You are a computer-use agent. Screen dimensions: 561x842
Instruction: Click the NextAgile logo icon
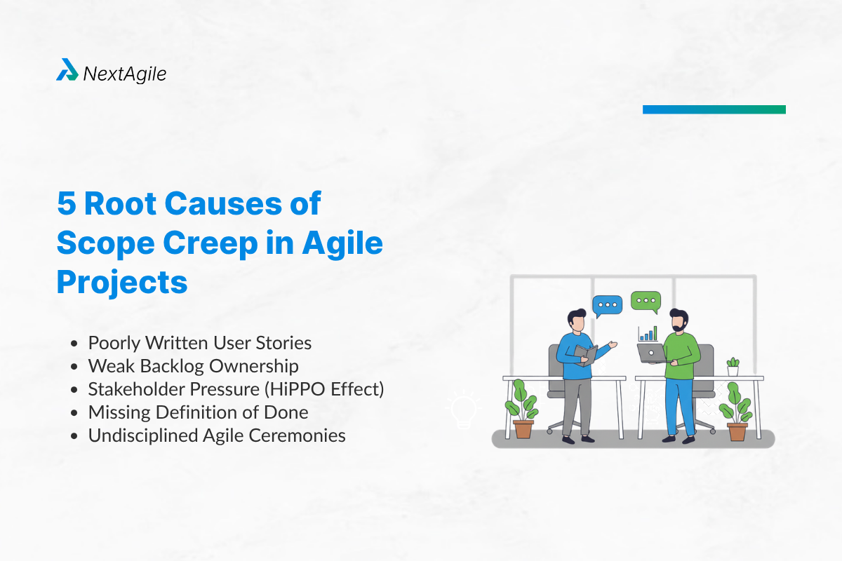[x=67, y=70]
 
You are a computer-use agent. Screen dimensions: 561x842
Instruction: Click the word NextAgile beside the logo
[x=124, y=73]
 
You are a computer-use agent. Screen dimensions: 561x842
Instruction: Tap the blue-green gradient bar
[x=714, y=109]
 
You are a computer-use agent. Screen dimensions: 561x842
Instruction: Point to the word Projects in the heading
[x=121, y=282]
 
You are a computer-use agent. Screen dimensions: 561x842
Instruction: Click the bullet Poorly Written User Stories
[x=199, y=343]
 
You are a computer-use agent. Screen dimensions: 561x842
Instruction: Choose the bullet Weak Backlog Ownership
[x=193, y=366]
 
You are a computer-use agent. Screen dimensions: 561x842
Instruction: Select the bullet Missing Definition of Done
[x=198, y=412]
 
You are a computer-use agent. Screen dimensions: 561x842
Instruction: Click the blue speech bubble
[x=607, y=306]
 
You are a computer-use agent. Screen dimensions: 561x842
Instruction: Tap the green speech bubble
[x=646, y=302]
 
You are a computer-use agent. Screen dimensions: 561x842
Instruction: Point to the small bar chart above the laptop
[x=648, y=333]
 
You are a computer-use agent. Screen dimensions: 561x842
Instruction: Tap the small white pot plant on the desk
[x=733, y=367]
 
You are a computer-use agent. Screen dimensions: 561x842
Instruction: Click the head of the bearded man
[x=678, y=321]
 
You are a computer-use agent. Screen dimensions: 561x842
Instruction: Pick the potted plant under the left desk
[x=522, y=410]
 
